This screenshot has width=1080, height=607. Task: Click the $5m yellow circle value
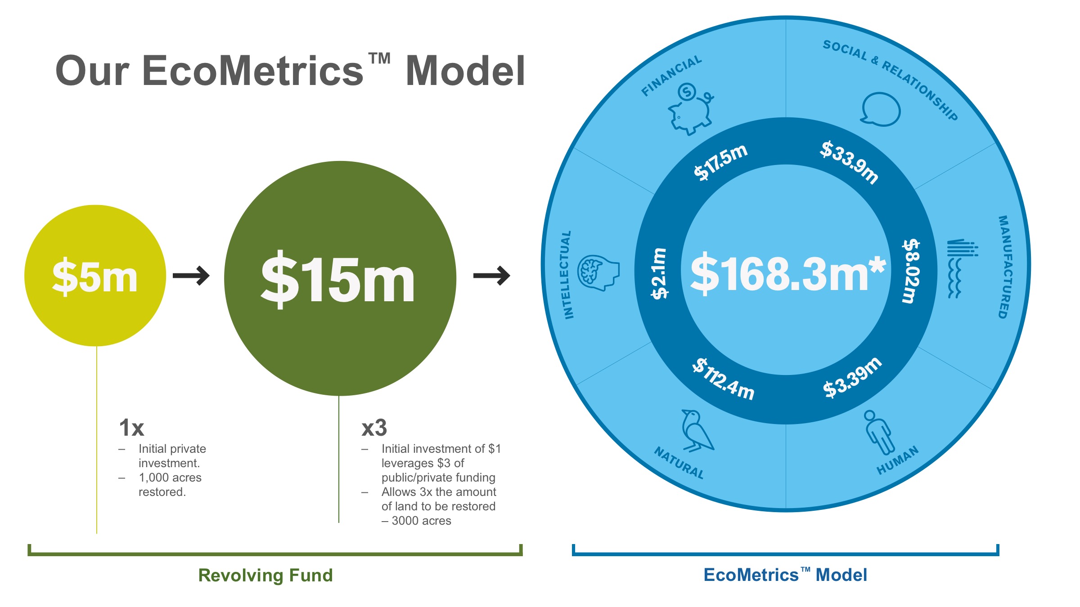(x=95, y=276)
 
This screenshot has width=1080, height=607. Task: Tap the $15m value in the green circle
(x=337, y=279)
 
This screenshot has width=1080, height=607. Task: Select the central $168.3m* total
(x=788, y=272)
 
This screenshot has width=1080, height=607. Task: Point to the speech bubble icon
(x=881, y=109)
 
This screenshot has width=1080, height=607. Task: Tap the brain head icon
(x=598, y=272)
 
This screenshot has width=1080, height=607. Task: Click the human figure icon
(x=878, y=433)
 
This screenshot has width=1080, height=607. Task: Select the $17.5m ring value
(x=720, y=162)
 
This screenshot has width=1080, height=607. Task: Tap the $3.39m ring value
(x=852, y=378)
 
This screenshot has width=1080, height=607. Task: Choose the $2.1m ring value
(x=660, y=273)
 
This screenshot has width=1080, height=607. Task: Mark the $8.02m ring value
(x=911, y=271)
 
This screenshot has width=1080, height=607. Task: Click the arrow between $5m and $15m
(x=191, y=276)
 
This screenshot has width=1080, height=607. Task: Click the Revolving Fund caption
(x=265, y=575)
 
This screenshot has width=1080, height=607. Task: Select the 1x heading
(x=131, y=428)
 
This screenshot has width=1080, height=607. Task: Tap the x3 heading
(x=374, y=428)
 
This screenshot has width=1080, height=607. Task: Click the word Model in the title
(x=465, y=71)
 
